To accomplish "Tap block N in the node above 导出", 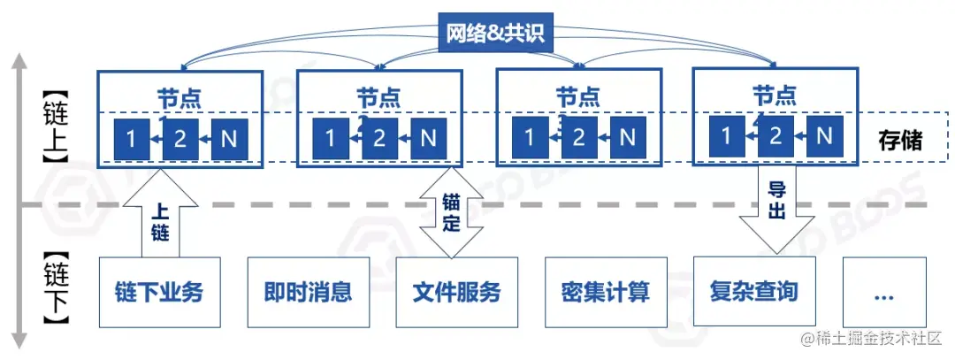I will click(x=824, y=135).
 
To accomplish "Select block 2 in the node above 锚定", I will click(x=379, y=139).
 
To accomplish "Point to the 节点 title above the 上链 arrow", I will click(x=180, y=96).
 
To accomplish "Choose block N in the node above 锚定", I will click(x=428, y=139).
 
